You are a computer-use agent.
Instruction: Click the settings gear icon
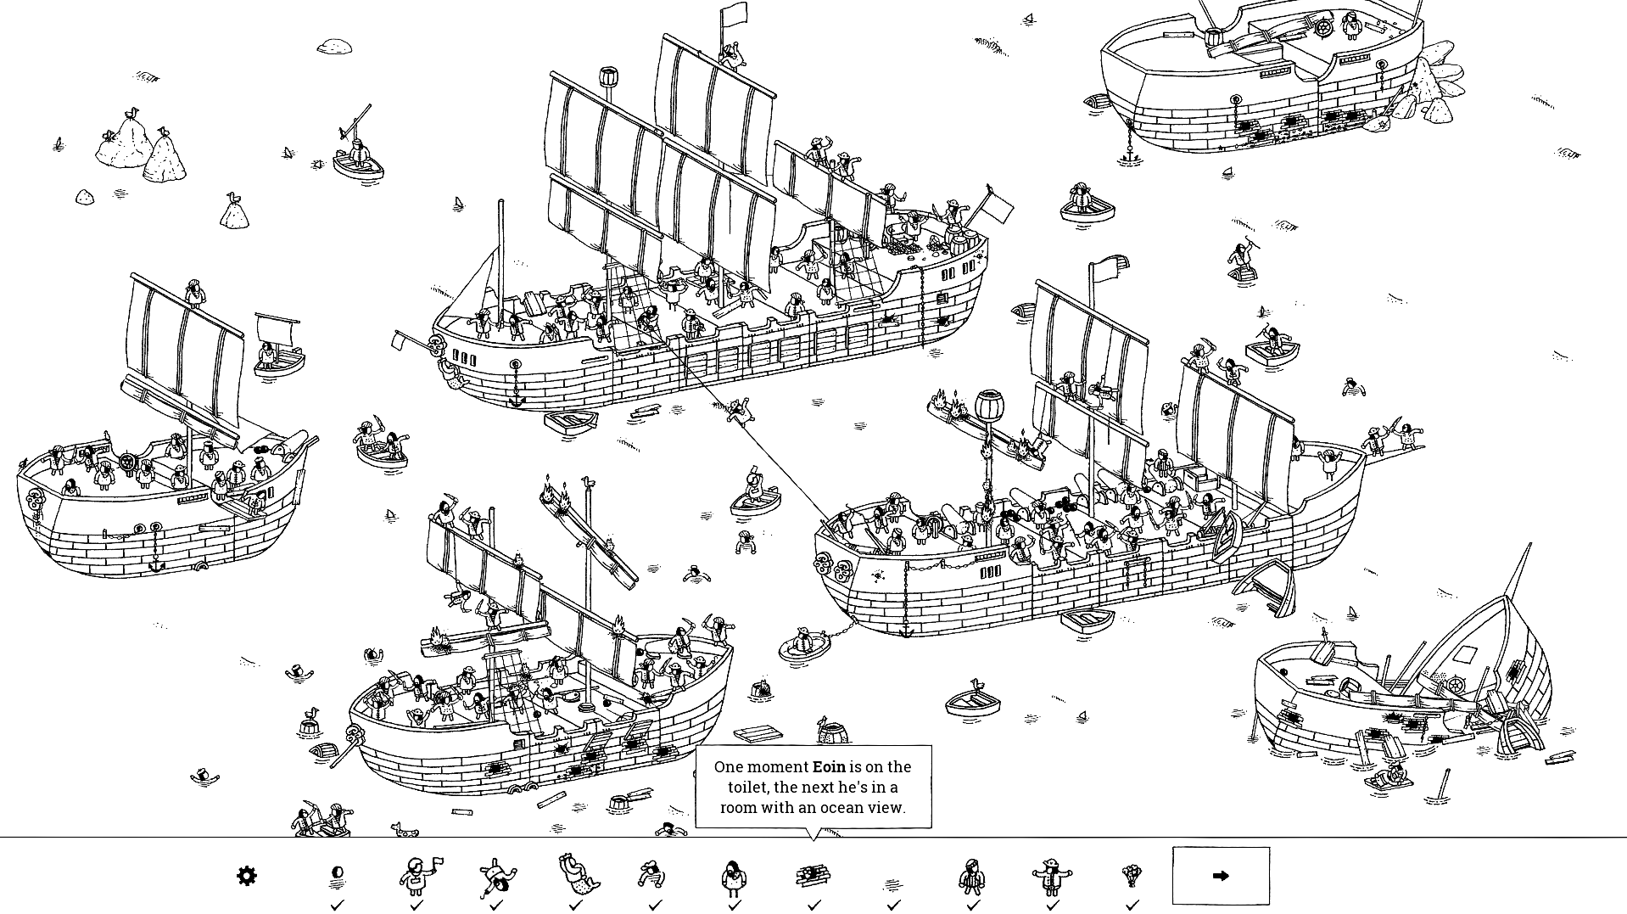click(246, 876)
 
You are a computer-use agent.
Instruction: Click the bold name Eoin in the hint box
click(829, 766)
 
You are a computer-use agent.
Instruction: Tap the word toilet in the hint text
click(748, 787)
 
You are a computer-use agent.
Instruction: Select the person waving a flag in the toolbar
click(417, 876)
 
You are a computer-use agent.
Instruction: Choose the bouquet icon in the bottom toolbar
click(1132, 875)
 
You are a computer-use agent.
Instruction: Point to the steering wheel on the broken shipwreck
click(1456, 685)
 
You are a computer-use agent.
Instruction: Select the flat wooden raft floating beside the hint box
click(758, 733)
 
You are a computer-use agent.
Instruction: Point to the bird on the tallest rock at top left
click(131, 113)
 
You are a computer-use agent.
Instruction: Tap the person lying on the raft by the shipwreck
click(1391, 776)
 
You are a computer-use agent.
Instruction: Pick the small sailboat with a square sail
click(277, 345)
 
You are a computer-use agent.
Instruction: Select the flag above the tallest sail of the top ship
click(734, 14)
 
